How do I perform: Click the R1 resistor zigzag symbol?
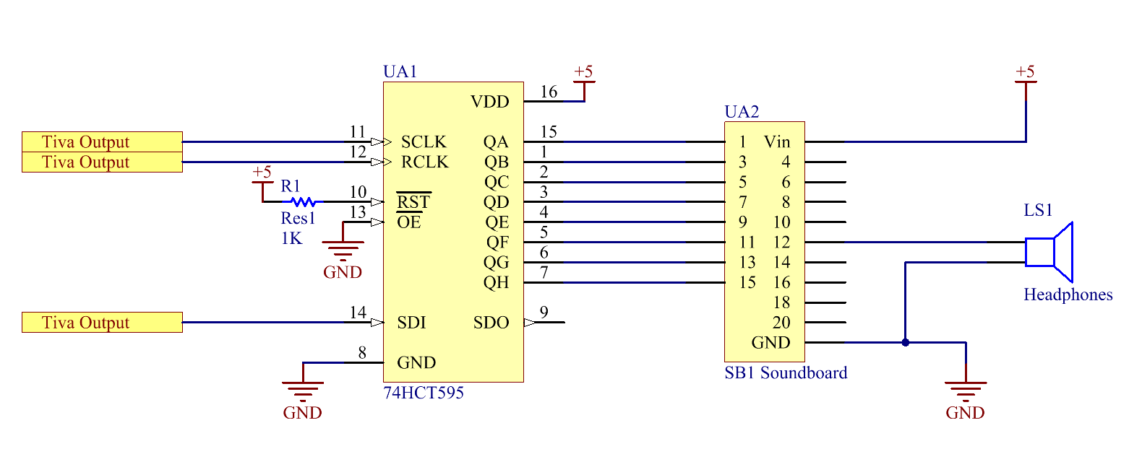(304, 201)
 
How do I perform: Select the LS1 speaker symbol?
(1049, 252)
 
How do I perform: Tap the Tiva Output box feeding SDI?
(102, 323)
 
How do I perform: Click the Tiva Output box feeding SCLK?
(102, 141)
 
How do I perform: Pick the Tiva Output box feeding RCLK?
(102, 162)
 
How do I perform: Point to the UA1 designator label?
(400, 71)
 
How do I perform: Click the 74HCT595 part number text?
(424, 393)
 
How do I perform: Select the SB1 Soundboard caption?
(786, 372)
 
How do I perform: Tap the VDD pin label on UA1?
(490, 102)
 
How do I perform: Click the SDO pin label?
(491, 323)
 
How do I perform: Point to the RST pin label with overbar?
(413, 201)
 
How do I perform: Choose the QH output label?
(496, 283)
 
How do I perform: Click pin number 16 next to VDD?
(549, 92)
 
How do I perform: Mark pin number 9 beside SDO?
(544, 313)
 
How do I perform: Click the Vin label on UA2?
(777, 141)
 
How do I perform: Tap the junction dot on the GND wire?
(906, 343)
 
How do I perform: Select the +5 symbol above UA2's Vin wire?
(1026, 77)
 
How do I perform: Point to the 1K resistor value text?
(291, 238)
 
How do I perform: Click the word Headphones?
(1068, 295)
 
